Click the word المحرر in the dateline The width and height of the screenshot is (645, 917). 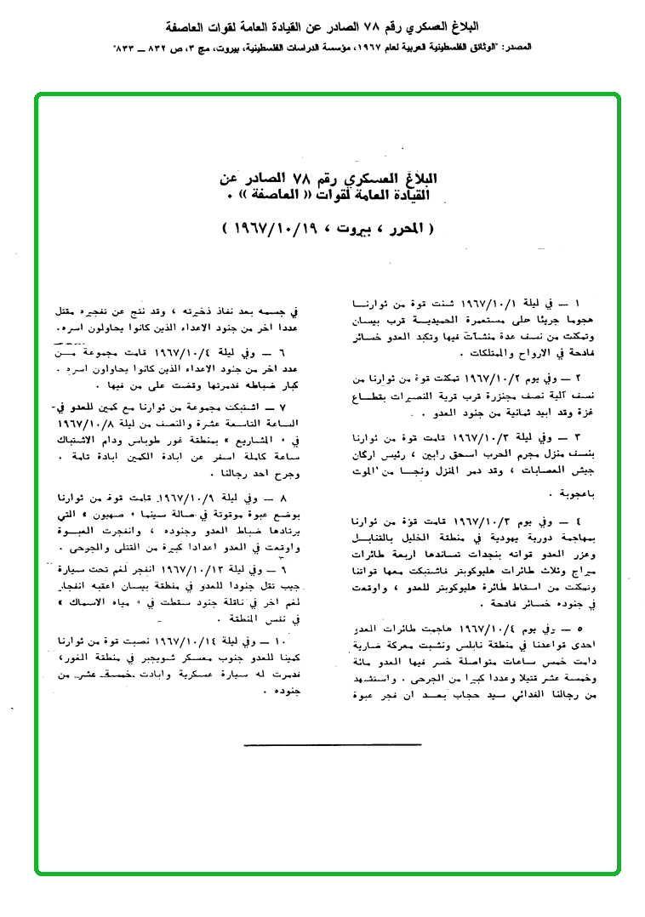coord(407,230)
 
